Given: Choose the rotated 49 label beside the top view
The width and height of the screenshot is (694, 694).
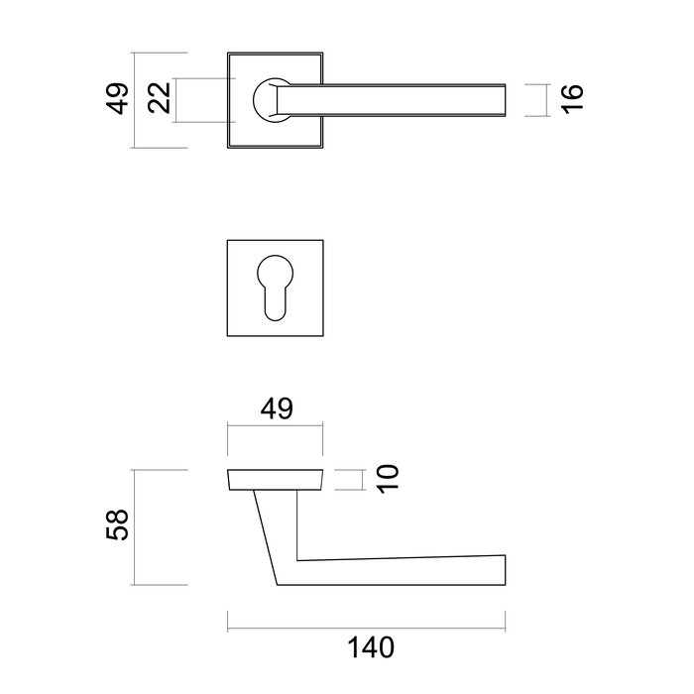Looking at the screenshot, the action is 119,100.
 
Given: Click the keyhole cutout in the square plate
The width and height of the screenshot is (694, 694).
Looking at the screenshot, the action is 277,287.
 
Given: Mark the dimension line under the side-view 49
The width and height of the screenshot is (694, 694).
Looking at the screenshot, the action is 277,426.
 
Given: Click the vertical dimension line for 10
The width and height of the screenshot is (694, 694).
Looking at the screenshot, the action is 360,480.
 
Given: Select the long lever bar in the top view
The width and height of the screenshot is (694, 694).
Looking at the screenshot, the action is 397,100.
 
